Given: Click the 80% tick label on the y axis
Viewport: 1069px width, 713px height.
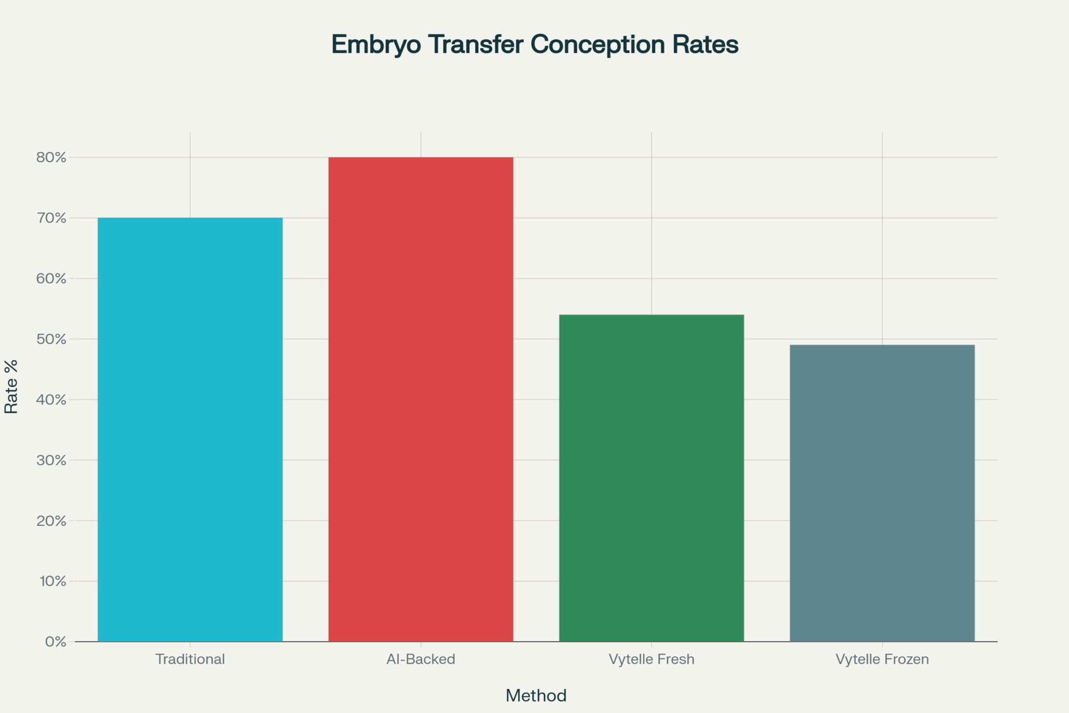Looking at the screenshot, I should click(x=51, y=157).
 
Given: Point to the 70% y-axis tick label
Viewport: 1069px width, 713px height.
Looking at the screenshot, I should click(x=51, y=218).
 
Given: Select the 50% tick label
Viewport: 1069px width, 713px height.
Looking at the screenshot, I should click(x=51, y=339).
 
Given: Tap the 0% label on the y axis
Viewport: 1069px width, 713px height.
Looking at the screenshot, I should click(x=56, y=642).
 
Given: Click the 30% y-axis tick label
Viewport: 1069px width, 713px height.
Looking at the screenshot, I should click(x=51, y=460).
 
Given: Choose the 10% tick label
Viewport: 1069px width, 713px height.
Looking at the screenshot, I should click(x=52, y=581).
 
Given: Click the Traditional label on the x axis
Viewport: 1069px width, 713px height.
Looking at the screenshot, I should click(x=190, y=659).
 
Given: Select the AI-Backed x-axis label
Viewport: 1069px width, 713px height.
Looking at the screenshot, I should click(x=421, y=659).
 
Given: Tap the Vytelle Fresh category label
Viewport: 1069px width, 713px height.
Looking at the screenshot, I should click(x=651, y=659).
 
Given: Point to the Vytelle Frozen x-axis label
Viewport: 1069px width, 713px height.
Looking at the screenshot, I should click(x=882, y=659).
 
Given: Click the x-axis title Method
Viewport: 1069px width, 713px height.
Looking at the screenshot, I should click(x=536, y=695).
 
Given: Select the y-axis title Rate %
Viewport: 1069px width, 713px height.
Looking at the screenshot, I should click(x=11, y=386).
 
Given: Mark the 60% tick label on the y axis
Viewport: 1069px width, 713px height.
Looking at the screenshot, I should click(x=51, y=279).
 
